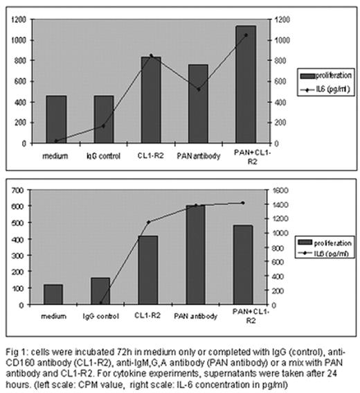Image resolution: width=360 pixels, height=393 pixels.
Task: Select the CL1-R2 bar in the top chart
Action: [151, 101]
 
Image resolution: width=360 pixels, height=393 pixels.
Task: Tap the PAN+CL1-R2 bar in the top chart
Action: [246, 85]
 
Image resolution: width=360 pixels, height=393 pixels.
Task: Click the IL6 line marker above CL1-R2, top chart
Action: [151, 55]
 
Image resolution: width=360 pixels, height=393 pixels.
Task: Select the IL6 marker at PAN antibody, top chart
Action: [199, 89]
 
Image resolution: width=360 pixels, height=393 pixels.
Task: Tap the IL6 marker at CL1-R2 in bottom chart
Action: [150, 222]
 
